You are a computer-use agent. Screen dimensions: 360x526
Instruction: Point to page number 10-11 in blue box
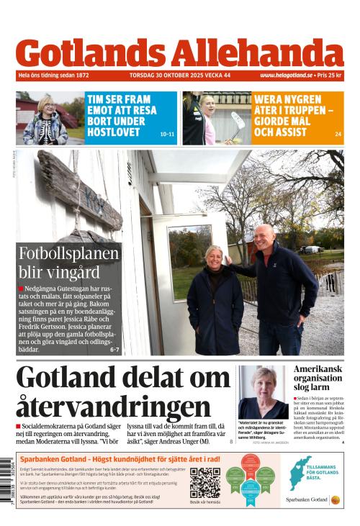click(x=167, y=134)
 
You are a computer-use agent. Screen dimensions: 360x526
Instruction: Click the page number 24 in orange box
click(x=338, y=134)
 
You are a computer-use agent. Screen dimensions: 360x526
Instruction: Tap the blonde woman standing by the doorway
click(x=215, y=295)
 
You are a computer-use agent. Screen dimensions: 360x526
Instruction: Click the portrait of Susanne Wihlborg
click(x=263, y=391)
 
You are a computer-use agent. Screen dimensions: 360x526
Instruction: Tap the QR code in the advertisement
click(x=205, y=483)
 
